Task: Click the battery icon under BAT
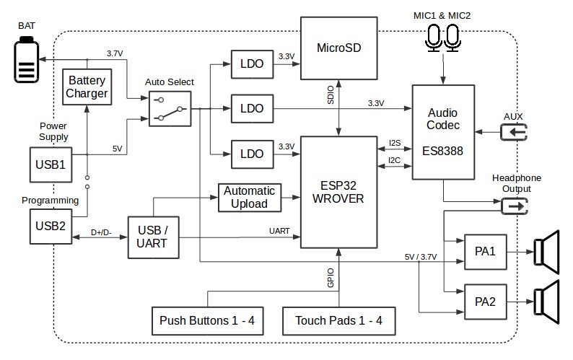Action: (27, 63)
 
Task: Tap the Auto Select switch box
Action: (170, 108)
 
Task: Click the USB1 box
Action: (51, 164)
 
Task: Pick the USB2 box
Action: (51, 226)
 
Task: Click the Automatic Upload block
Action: (249, 197)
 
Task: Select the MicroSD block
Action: (338, 48)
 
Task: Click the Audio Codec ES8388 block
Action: (443, 132)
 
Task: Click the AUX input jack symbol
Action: (515, 132)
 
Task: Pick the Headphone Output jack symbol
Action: (515, 206)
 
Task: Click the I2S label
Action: (395, 142)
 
